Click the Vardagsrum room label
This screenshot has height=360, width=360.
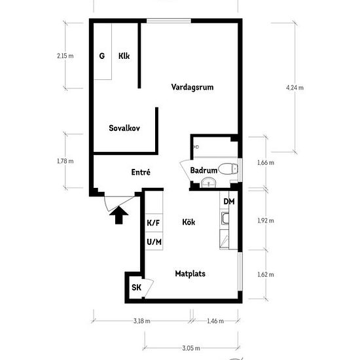point(192,87)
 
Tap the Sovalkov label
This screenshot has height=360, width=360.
point(126,128)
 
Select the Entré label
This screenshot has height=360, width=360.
point(141,172)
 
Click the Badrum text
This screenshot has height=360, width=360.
point(204,170)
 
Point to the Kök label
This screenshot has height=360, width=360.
point(189,222)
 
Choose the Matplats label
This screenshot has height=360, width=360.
point(190,274)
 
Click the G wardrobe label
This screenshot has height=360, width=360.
point(102,56)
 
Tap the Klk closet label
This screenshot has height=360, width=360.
point(124,56)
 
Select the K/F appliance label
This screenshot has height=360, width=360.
point(153,223)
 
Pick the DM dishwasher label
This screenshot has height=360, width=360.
point(228,201)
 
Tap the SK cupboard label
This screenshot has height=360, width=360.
point(136,287)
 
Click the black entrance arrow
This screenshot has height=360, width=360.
point(119,214)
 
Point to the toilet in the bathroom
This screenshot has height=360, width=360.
point(226,168)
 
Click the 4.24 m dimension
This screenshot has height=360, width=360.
point(295,87)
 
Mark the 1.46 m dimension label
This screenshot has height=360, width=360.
point(215,321)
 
